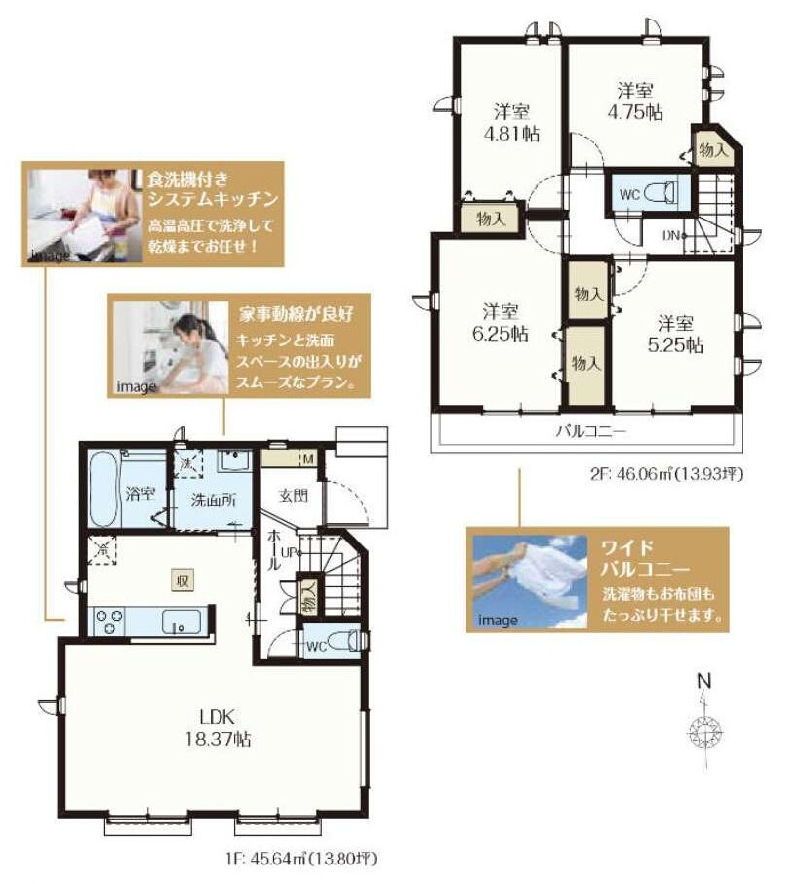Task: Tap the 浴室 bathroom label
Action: tap(136, 494)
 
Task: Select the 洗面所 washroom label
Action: tap(212, 501)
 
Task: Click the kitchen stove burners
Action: tap(107, 622)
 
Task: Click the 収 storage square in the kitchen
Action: tap(181, 580)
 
